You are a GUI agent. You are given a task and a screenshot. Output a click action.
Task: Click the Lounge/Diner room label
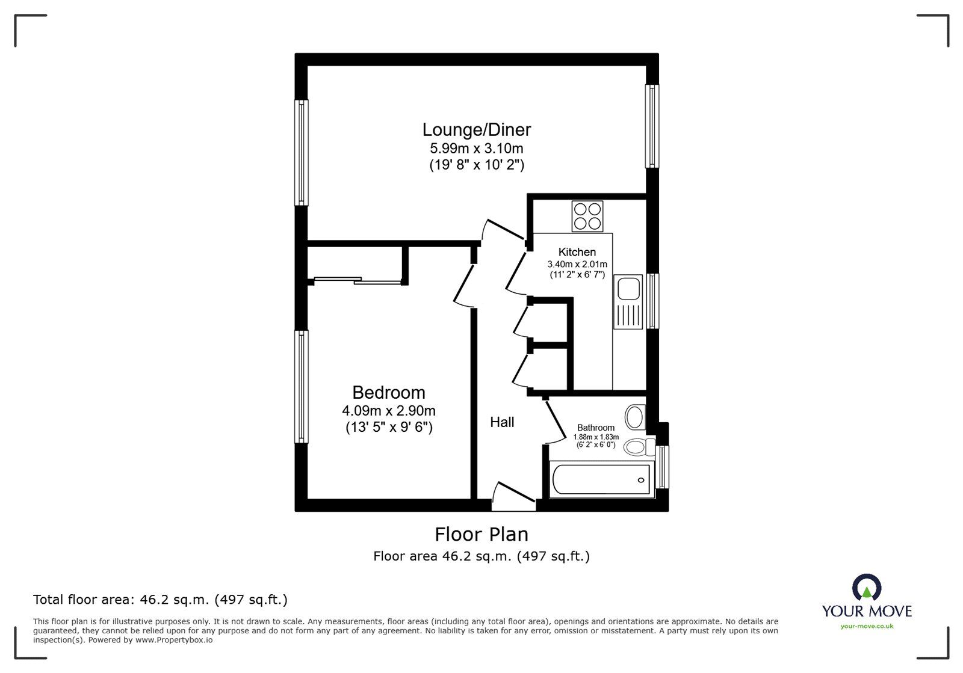[476, 130]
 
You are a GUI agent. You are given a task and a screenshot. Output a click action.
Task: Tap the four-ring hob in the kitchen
[587, 216]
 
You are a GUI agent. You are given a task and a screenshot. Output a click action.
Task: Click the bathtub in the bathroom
[601, 480]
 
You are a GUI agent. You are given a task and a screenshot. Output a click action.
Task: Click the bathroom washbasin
[635, 416]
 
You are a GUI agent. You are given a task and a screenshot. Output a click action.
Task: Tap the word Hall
[502, 422]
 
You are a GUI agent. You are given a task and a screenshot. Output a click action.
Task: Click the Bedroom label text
[389, 393]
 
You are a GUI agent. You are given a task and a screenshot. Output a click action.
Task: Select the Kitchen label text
[577, 252]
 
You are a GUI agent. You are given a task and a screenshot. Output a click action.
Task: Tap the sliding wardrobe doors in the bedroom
[358, 280]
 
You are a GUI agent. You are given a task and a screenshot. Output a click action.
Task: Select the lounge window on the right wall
[652, 126]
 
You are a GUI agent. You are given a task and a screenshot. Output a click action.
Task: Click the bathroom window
[663, 467]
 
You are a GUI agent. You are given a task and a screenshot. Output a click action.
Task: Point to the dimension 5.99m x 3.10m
[476, 148]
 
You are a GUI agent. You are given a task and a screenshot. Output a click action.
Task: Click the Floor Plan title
[482, 534]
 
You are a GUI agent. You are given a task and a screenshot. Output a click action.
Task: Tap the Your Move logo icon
[867, 587]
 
